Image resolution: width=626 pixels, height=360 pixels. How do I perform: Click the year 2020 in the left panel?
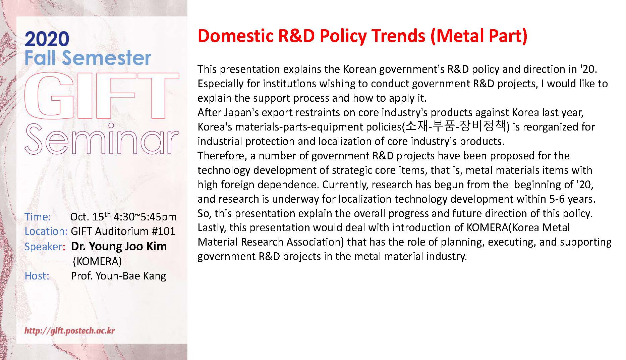click(47, 39)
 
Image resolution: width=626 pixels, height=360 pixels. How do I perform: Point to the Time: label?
click(38, 217)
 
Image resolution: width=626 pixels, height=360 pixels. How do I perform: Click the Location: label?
click(46, 231)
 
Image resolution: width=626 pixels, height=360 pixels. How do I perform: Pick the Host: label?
click(37, 276)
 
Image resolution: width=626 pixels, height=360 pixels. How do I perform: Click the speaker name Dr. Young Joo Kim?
click(119, 247)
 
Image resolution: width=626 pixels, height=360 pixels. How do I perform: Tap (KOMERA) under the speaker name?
click(97, 261)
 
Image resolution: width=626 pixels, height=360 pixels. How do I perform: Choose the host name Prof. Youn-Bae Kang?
click(118, 276)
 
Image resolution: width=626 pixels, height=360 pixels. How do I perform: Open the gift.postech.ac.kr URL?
click(70, 331)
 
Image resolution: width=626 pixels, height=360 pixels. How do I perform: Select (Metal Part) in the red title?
click(479, 36)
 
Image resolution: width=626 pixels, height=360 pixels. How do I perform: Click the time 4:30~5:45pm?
click(145, 217)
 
